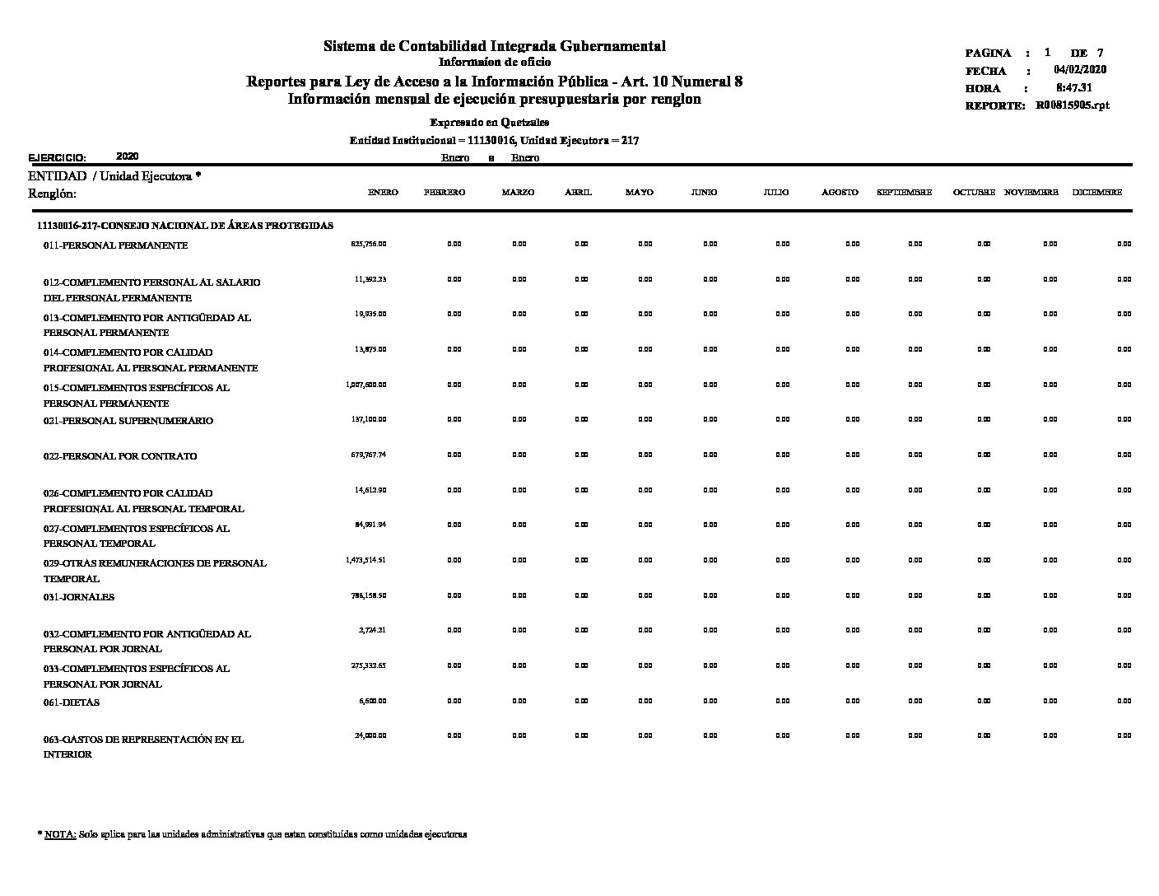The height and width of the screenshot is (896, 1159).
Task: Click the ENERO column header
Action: (383, 192)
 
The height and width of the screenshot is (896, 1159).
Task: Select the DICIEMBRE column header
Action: (1096, 192)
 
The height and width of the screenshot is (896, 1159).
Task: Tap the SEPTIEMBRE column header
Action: (904, 192)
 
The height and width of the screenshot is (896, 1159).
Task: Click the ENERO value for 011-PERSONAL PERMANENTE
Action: (369, 244)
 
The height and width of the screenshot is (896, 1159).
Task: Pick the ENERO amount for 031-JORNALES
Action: (369, 595)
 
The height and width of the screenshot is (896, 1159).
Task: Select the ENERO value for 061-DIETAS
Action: (372, 701)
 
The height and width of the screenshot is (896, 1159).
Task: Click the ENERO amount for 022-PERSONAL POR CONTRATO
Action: (369, 455)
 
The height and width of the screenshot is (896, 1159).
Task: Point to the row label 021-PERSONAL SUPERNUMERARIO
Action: (128, 421)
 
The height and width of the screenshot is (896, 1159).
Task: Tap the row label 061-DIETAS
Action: (72, 702)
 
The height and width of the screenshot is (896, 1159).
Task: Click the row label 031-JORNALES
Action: (79, 597)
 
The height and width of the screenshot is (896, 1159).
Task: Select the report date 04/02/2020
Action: (1080, 70)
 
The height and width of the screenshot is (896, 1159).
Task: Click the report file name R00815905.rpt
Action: (1073, 105)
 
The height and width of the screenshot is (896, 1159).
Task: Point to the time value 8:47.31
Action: (1074, 87)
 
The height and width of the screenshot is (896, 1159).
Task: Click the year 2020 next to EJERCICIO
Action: (128, 156)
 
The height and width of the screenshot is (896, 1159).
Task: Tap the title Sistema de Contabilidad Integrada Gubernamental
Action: (494, 46)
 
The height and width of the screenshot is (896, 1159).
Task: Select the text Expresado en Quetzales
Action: (489, 123)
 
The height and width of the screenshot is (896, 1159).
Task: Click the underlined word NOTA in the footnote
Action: (60, 834)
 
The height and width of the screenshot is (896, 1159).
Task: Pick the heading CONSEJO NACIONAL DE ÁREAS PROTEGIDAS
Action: (185, 225)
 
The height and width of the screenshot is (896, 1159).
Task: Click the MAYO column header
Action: (639, 192)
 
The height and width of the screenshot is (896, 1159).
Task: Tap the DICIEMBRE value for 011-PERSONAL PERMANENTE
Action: (1124, 244)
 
